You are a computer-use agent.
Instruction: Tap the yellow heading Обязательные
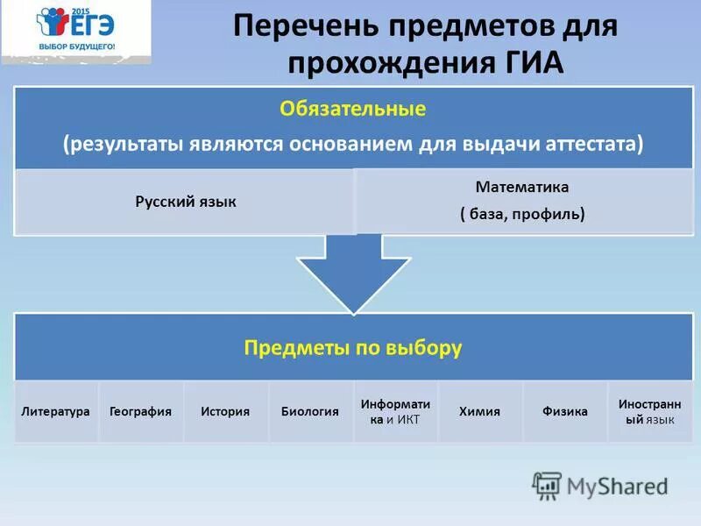[x=352, y=110]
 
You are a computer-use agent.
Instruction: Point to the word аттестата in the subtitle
[x=598, y=145]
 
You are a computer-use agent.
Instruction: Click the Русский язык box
[x=185, y=202]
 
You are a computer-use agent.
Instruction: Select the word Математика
[x=522, y=187]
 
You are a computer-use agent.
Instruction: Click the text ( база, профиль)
[x=522, y=213]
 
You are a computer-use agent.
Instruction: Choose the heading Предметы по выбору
[x=352, y=348]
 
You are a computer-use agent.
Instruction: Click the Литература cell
[x=56, y=411]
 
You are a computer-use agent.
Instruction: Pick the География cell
[x=140, y=411]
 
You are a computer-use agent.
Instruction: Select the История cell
[x=225, y=411]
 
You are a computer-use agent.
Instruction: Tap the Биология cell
[x=309, y=411]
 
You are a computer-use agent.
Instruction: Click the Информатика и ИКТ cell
[x=395, y=411]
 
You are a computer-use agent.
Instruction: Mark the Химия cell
[x=479, y=411]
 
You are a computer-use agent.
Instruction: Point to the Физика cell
[x=564, y=411]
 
